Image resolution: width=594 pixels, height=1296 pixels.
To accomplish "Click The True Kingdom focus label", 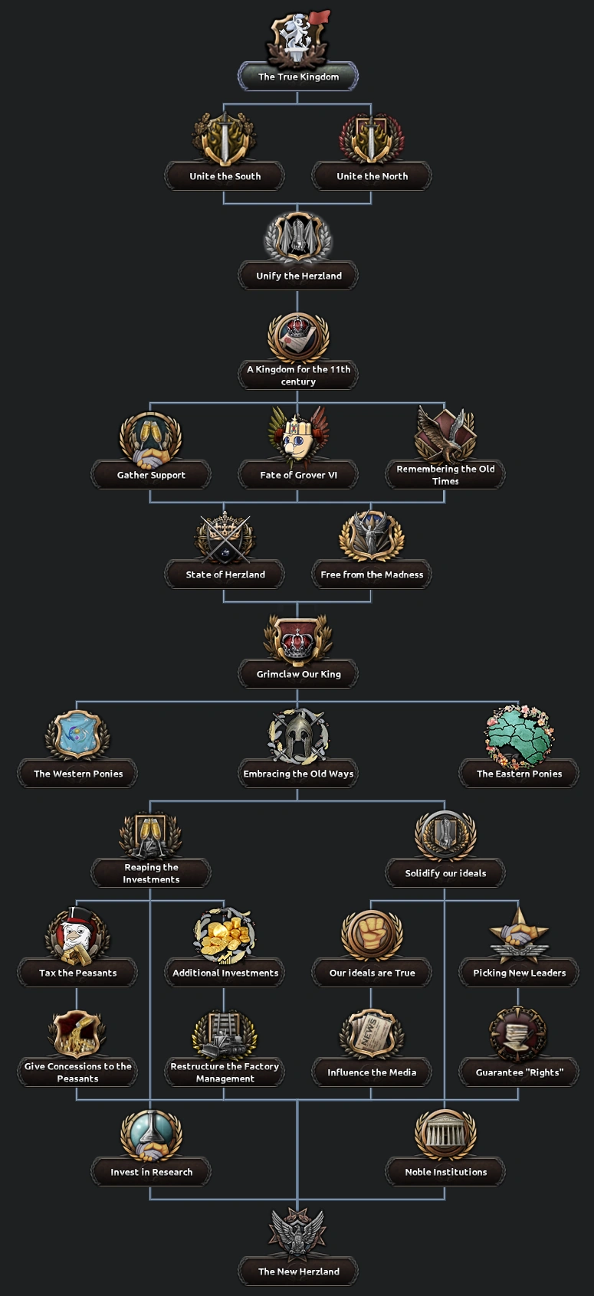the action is coord(298,77).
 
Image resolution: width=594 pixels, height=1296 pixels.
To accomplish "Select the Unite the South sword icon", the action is coord(225,139).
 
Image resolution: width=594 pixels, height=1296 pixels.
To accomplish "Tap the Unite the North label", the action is coord(372,176).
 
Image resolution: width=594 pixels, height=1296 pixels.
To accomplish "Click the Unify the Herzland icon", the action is coord(298,237).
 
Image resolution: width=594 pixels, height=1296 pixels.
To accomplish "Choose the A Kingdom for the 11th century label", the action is coord(298,375).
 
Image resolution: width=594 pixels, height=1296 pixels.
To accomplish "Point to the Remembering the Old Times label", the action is coord(445,475).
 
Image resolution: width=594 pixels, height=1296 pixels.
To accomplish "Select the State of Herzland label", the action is coord(225,574).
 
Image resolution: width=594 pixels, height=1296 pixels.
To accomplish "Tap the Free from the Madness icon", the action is coord(372,536).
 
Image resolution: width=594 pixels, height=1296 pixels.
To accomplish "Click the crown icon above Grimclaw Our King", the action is coord(298,638).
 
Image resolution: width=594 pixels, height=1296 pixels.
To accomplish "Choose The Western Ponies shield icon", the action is coord(77,735).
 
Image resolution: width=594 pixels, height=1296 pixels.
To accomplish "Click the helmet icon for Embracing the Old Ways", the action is coord(298,735).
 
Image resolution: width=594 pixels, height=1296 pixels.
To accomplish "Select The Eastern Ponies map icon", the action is coord(519,735).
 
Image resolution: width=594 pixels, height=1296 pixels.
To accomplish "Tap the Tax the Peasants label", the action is coord(77,973).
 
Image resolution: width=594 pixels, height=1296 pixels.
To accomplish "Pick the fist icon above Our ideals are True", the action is coord(372,934).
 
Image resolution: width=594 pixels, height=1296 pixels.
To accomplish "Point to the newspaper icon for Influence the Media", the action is coord(372,1034).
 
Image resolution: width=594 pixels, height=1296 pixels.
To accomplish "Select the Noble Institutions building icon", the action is coord(445,1134).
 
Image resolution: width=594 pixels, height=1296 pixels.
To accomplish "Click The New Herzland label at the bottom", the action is coord(298,1271).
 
